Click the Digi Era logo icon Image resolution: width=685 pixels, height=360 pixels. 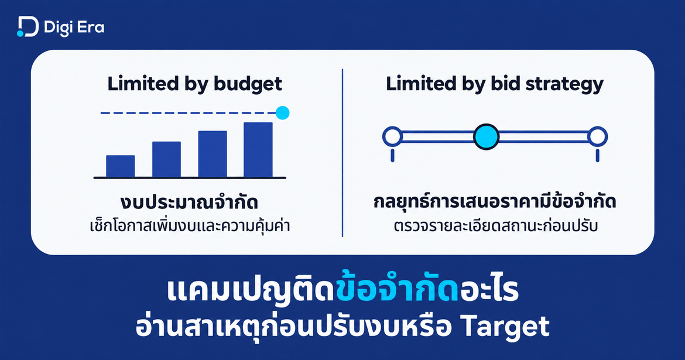coord(28,27)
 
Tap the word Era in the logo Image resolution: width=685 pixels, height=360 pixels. coord(91,28)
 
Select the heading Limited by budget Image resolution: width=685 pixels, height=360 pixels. coord(195,84)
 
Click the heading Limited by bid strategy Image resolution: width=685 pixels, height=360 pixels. coord(495,84)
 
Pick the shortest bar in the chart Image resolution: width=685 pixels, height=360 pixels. coord(121,166)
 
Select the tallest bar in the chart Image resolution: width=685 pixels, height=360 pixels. coord(258,150)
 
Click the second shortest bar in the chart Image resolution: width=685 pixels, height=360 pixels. coord(166,159)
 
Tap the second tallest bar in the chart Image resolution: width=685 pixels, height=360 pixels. coord(213,154)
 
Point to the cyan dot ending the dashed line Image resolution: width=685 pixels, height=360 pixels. coord(283,113)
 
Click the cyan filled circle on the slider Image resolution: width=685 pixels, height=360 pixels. coord(486,137)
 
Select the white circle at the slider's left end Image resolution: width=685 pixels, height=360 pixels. coord(392,137)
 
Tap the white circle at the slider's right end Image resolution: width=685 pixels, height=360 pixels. coord(597,137)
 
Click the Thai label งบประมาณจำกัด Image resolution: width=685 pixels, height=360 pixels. coord(189,203)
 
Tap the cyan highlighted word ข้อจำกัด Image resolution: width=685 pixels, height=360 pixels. coord(397,290)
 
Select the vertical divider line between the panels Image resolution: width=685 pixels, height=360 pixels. coord(342,152)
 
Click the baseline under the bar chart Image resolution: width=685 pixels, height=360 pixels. coord(190,178)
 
